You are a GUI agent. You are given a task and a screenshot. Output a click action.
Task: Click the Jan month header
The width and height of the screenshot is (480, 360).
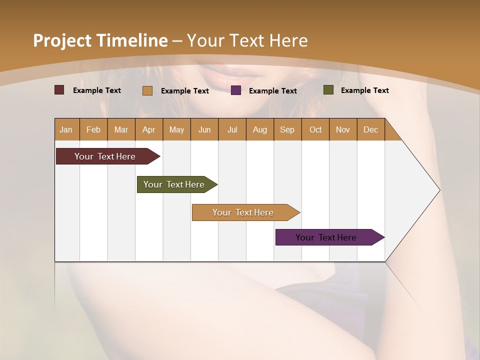(66, 129)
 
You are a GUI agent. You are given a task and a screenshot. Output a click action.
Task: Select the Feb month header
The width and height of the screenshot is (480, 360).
(93, 129)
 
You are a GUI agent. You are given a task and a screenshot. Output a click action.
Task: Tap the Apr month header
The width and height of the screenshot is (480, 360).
(149, 129)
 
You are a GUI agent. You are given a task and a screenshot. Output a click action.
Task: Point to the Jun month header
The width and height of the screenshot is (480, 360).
(204, 129)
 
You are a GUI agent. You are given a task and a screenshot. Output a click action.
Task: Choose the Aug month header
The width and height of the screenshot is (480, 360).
(260, 129)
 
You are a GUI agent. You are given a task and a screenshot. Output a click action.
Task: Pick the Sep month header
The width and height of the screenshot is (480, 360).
(287, 129)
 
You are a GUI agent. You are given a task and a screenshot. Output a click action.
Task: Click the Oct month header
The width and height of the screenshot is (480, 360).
(315, 129)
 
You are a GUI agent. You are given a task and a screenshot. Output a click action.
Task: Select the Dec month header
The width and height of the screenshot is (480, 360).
(371, 129)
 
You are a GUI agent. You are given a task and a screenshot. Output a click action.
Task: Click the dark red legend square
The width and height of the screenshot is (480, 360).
(59, 90)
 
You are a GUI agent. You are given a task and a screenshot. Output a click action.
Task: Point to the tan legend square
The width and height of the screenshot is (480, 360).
(147, 90)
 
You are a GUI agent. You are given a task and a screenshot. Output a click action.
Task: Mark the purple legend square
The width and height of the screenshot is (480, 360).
(236, 90)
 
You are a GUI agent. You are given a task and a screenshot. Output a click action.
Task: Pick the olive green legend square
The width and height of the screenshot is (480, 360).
(328, 90)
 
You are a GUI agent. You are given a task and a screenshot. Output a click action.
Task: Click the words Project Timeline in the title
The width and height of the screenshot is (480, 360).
(100, 40)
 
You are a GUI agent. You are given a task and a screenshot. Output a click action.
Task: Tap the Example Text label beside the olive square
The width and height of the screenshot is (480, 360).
(364, 90)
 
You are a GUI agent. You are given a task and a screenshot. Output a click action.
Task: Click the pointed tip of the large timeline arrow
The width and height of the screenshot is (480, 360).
(438, 190)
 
